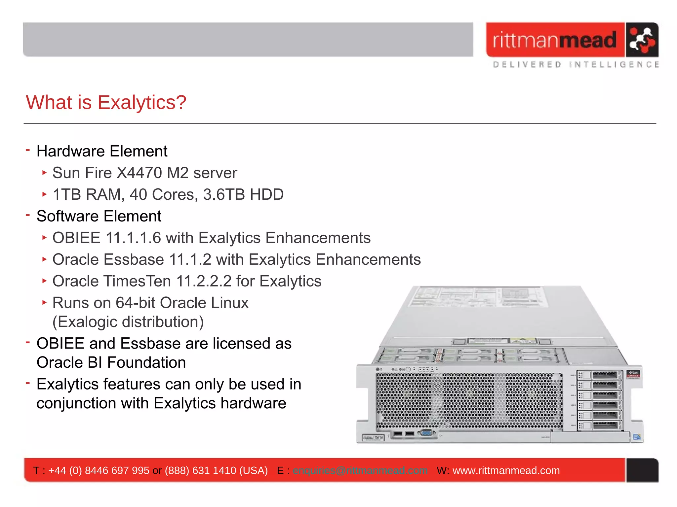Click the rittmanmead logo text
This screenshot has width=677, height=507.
[554, 40]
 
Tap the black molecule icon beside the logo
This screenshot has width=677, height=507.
[642, 40]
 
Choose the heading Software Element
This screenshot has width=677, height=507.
[99, 216]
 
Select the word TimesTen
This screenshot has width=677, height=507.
[138, 281]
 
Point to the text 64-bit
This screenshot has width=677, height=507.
[136, 303]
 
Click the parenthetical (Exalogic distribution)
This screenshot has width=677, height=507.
[128, 322]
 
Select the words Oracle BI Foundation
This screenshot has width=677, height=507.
[111, 362]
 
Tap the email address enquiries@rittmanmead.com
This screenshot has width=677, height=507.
[360, 470]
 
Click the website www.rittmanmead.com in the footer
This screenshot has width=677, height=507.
[506, 470]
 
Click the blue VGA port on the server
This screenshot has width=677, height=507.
[426, 433]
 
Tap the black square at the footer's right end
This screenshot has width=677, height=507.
[642, 470]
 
